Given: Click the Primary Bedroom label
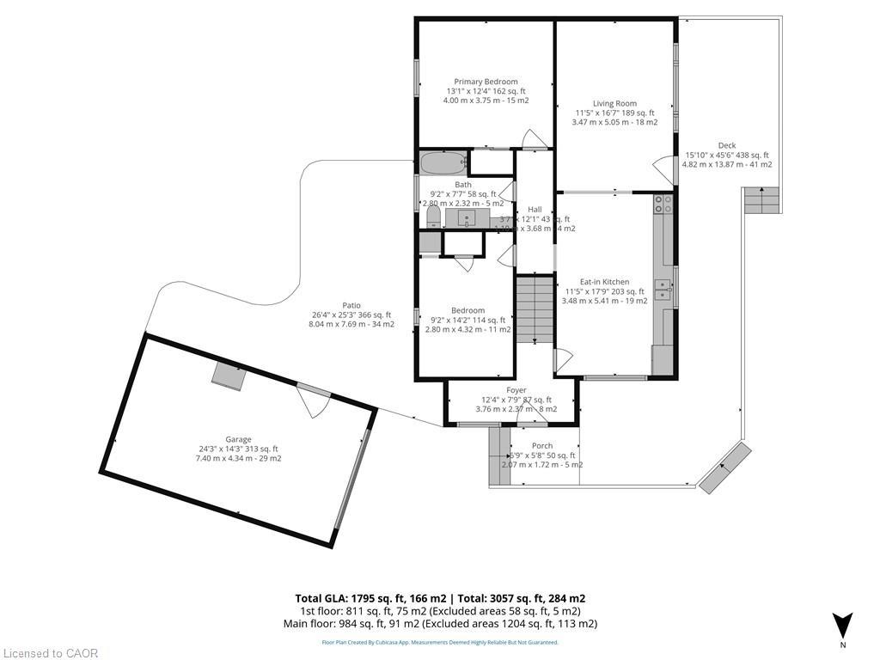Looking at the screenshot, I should point(486,82).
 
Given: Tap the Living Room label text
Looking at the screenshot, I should point(614,103).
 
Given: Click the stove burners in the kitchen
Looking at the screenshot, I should point(663,205).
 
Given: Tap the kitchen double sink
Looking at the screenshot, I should point(662,290).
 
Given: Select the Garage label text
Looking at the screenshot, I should point(239,439).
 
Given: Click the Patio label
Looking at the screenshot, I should point(351,305).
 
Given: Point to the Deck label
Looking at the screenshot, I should point(727,145).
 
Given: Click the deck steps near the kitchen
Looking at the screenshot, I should point(762,202).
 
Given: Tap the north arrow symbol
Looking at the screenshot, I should point(843,625).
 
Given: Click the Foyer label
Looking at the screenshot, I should point(516,390).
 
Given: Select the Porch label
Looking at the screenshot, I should point(542,445).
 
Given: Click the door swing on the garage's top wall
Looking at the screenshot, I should point(314,399).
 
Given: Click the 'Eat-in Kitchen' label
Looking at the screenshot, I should point(604,282).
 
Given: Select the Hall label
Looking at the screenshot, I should point(535,210).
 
